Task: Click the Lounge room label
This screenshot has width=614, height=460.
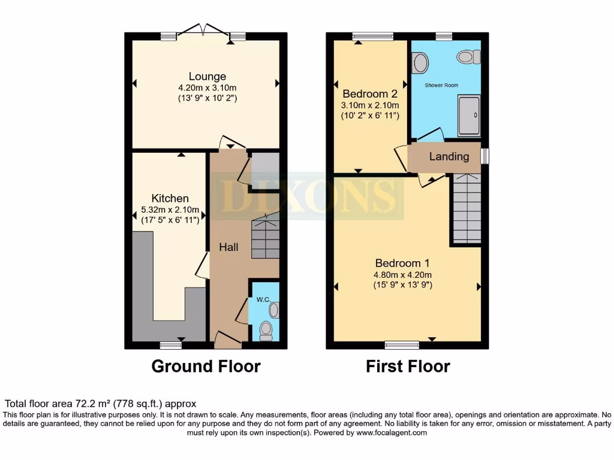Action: click(x=207, y=76)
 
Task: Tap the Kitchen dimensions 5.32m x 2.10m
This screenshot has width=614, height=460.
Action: click(x=170, y=210)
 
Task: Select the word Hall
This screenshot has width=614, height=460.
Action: click(x=228, y=247)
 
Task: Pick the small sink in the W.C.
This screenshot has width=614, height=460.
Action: click(x=274, y=310)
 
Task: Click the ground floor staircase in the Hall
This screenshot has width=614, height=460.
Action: click(x=265, y=237)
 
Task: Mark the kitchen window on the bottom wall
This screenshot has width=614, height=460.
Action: click(x=171, y=345)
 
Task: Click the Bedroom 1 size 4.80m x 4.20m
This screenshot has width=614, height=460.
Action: click(x=403, y=274)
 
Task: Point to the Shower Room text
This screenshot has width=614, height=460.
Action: click(x=441, y=86)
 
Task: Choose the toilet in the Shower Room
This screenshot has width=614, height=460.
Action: click(x=468, y=57)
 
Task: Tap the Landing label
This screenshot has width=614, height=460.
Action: click(x=449, y=156)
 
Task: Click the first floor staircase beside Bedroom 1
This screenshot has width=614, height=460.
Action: click(x=466, y=208)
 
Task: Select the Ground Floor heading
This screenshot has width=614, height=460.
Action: click(x=206, y=366)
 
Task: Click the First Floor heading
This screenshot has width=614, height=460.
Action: click(x=408, y=366)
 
